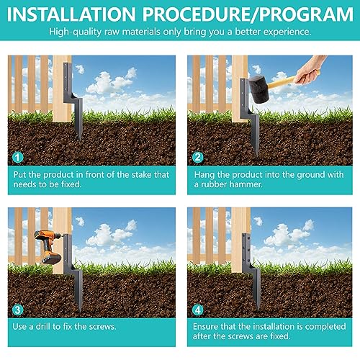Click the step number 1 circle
pyautogui.click(x=17, y=158)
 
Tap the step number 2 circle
pyautogui.click(x=197, y=158)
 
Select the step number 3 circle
pyautogui.click(x=17, y=310)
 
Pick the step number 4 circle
pyautogui.click(x=197, y=310)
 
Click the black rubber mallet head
pyautogui.click(x=259, y=89)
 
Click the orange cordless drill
pyautogui.click(x=49, y=247)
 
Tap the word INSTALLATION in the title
pyautogui.click(x=71, y=14)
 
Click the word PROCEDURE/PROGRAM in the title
pyautogui.click(x=248, y=14)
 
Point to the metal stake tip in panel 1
pyautogui.click(x=79, y=140)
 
